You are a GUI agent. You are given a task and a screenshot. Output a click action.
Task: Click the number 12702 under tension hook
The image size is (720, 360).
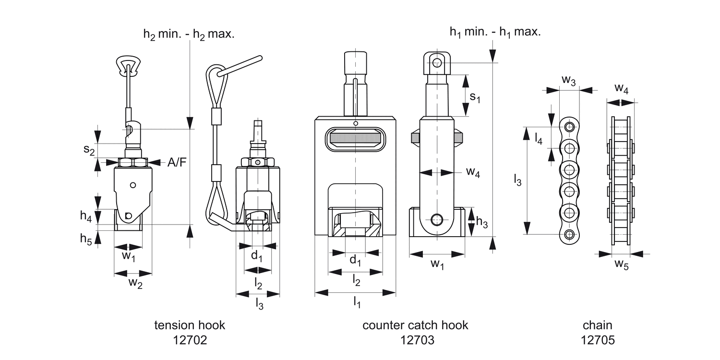[190, 340]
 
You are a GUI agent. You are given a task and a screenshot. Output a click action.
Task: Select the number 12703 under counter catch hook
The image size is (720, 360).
[415, 340]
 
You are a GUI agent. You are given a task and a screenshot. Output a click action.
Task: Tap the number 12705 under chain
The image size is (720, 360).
[598, 340]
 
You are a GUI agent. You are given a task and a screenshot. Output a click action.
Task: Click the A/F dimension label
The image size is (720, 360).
[177, 163]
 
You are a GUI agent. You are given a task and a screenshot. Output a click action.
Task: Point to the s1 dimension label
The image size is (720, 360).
[474, 97]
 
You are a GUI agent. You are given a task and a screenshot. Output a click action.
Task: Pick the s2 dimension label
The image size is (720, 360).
[88, 150]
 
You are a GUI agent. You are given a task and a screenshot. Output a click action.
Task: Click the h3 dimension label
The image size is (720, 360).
[482, 222]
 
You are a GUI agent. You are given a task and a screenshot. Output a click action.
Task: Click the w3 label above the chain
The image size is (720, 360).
[568, 81]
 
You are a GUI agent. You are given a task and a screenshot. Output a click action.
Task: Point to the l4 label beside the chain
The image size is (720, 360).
[539, 139]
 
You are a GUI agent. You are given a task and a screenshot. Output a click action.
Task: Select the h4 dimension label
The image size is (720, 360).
[86, 216]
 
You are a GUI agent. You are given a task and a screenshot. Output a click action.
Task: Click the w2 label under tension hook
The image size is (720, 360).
[135, 283]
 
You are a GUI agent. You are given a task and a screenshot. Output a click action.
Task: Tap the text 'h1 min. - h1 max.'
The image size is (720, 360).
[495, 33]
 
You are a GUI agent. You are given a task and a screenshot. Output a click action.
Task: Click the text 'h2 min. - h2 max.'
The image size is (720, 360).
[189, 35]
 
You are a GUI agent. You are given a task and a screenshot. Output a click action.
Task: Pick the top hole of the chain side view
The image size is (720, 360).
[569, 127]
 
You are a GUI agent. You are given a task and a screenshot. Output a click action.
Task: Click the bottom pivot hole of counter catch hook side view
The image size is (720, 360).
[436, 220]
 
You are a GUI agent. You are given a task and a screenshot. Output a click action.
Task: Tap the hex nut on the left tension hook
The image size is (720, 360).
[133, 163]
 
